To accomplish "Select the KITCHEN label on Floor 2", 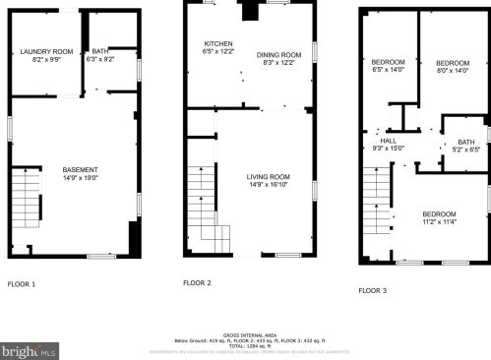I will coord(217,44).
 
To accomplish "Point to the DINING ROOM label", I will coord(279,55).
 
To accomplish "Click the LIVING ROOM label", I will coord(268,176).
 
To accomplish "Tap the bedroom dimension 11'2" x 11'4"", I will coord(440,221).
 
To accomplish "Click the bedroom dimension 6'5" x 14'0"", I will coord(388,70).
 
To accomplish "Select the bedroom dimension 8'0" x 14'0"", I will coord(453,70).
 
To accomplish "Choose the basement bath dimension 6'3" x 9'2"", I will coord(100,59).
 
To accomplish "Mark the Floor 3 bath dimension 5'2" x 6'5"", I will coord(465,150).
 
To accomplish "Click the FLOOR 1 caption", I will coord(22,284).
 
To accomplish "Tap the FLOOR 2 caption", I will coord(197,283).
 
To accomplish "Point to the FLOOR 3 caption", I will coord(372,290).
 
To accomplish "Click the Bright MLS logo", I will coord(30,349).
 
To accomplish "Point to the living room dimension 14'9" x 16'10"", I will coord(268,183).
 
